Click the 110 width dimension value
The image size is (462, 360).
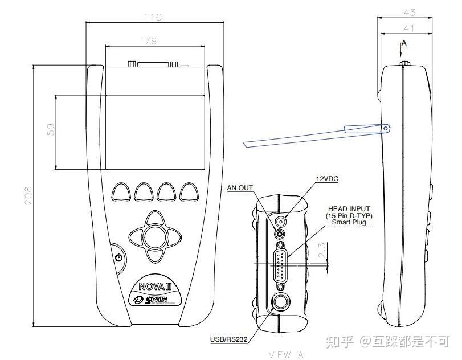pyautogui.click(x=153, y=18)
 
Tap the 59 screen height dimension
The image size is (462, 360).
pyautogui.click(x=51, y=130)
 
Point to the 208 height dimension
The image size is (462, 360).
pyautogui.click(x=27, y=195)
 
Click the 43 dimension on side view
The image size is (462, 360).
pyautogui.click(x=408, y=12)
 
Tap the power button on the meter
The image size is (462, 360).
pyautogui.click(x=118, y=257)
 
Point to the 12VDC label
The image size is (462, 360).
pyautogui.click(x=328, y=179)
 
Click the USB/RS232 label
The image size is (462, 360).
pyautogui.click(x=228, y=341)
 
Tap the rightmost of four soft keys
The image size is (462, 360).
pyautogui.click(x=189, y=192)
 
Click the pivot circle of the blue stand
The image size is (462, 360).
pyautogui.click(x=386, y=129)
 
